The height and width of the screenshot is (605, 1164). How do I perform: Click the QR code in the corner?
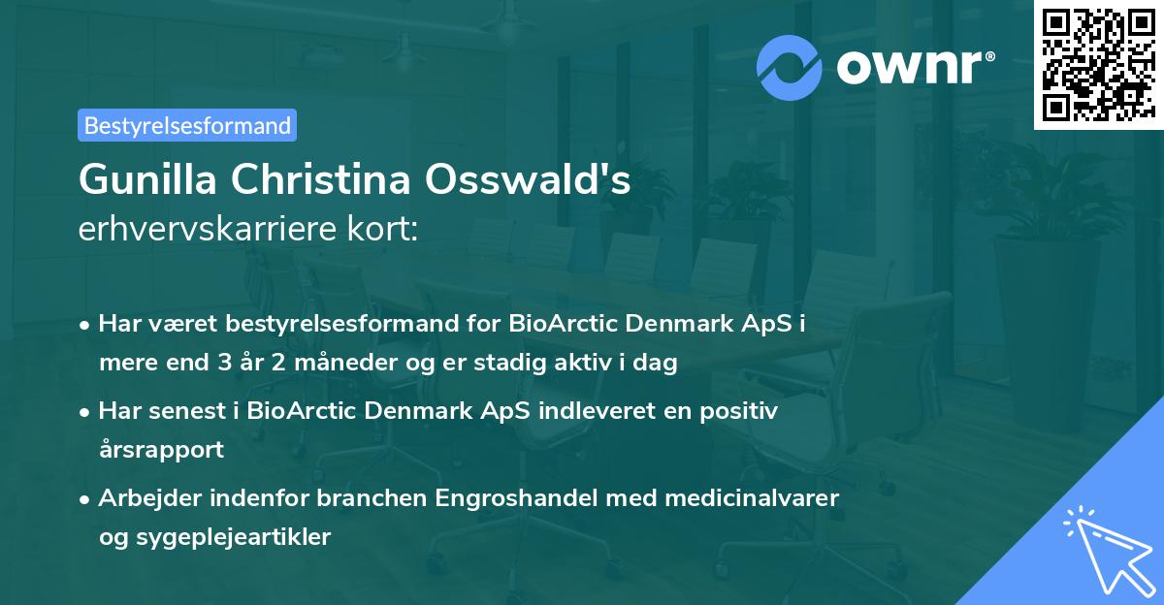(1098, 64)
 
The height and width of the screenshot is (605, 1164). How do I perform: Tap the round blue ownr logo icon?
(790, 67)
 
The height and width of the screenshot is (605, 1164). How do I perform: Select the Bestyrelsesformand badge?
(187, 125)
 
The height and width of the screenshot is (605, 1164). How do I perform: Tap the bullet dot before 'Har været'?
(86, 325)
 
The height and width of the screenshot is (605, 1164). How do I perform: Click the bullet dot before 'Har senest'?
(86, 412)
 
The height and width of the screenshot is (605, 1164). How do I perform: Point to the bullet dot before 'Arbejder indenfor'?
(86, 499)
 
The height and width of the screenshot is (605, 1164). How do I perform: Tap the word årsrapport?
(161, 450)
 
